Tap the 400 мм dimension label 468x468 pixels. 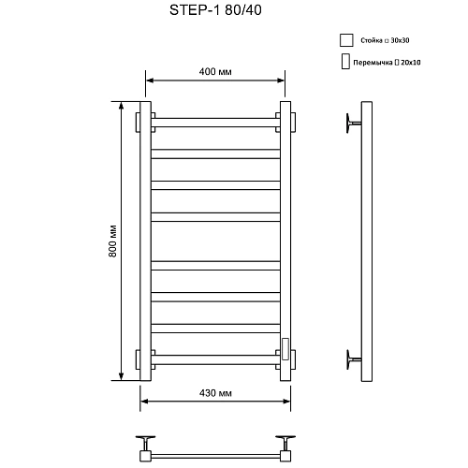click(215, 72)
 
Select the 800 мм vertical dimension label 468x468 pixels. click(112, 242)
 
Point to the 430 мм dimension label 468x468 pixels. click(214, 394)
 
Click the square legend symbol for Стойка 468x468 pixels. click(345, 40)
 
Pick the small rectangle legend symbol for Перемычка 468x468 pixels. click(345, 63)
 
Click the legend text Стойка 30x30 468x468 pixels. click(384, 41)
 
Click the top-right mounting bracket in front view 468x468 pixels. click(290, 123)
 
